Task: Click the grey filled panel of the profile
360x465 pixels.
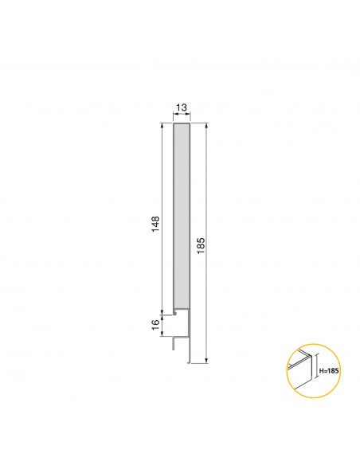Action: [182, 215]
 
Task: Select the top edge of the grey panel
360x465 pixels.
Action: [182, 123]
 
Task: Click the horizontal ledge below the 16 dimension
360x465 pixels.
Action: [180, 335]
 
